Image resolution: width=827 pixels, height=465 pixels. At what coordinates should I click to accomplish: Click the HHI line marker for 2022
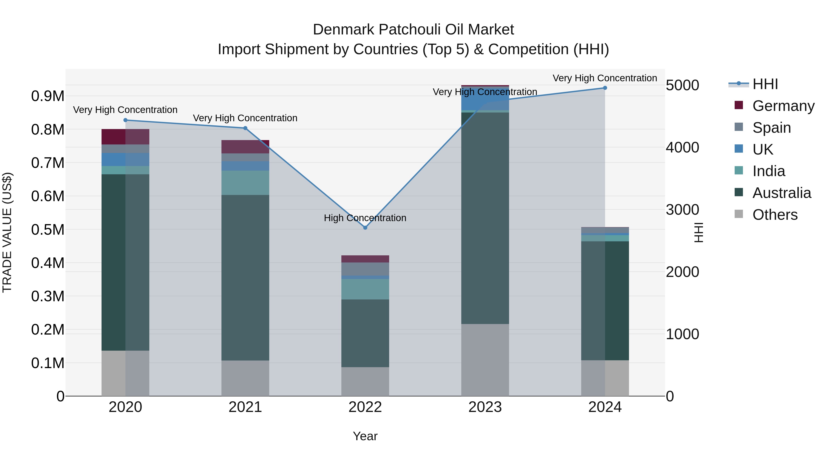365,228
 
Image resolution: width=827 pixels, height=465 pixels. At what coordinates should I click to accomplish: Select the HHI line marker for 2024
605,88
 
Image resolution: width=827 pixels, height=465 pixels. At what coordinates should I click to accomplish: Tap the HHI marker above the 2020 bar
125,120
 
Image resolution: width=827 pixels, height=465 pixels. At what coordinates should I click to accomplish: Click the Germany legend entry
783,106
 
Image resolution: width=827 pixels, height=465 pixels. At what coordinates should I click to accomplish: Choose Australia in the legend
782,193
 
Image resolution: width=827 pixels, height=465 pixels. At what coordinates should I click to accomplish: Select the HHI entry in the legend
765,84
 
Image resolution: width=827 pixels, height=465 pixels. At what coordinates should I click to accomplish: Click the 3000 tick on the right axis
682,210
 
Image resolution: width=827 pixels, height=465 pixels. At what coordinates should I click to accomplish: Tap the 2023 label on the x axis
485,407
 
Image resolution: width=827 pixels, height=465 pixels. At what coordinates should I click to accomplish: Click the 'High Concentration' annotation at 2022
365,218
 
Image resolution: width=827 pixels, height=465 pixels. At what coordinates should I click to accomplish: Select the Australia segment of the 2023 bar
485,218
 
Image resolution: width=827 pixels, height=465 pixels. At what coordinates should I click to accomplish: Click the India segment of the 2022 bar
365,289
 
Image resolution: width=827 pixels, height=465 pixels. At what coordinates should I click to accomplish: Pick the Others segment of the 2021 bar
245,378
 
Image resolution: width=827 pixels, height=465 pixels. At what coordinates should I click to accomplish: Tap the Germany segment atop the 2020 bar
125,137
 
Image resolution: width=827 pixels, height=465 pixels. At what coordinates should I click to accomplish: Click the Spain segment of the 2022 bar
365,269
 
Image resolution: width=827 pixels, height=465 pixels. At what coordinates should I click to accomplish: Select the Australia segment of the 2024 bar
605,301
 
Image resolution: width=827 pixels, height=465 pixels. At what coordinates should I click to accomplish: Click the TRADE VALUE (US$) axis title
7,232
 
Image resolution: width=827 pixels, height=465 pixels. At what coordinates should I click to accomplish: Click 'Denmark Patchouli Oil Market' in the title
413,30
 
